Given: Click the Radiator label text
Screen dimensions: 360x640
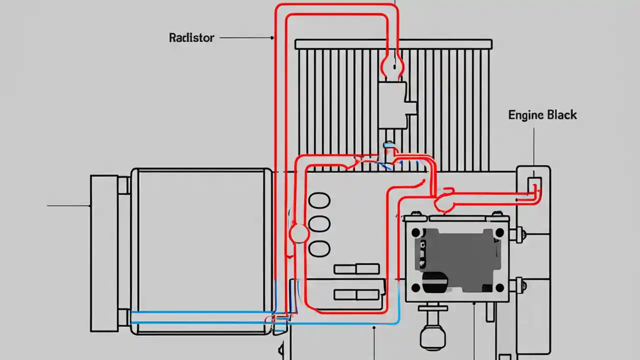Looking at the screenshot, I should point(191,37).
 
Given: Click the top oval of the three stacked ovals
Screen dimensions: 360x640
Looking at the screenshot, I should point(319,201).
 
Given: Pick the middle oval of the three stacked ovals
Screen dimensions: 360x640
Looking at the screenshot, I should point(319,224).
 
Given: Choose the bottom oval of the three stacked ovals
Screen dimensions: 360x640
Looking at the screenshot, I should point(319,247).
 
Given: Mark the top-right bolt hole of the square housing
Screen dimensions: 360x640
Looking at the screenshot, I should point(499,232).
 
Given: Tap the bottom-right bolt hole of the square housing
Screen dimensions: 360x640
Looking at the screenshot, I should point(499,287).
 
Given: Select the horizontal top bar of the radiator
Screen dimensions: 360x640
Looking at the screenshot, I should point(393,44).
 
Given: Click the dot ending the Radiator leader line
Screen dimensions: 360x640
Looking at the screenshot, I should point(272,37).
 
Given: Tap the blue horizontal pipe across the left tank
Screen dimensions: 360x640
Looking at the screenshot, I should point(200,312).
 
